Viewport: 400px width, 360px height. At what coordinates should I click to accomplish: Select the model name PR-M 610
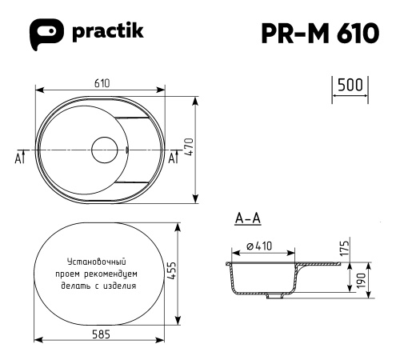(x=319, y=34)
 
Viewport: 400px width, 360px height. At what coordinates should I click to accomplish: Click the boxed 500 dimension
(x=349, y=86)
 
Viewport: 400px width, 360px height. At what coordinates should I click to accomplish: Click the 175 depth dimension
(x=346, y=246)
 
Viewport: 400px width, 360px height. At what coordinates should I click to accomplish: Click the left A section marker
(x=19, y=157)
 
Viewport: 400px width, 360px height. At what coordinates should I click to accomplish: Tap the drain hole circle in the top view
(x=105, y=149)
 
